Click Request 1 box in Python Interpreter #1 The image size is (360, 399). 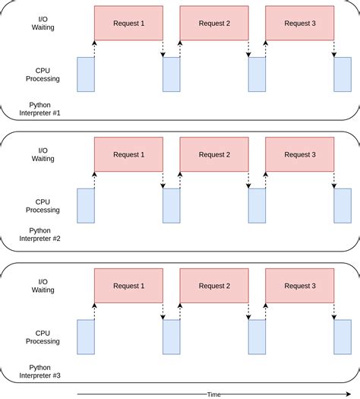tap(128, 23)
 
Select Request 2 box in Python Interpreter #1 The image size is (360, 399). tap(213, 23)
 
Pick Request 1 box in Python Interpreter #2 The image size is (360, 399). tap(128, 154)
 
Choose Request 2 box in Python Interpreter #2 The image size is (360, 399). tap(213, 154)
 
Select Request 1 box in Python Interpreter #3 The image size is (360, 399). tap(128, 286)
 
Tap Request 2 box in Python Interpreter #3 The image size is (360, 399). tap(213, 286)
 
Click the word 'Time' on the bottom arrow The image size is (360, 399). tap(214, 394)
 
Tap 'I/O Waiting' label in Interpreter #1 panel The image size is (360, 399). tap(43, 23)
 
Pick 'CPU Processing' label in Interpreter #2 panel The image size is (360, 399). tap(43, 205)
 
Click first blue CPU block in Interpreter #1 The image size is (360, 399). tap(86, 74)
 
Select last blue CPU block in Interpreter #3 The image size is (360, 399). tap(343, 337)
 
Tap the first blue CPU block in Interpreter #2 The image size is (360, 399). tap(86, 206)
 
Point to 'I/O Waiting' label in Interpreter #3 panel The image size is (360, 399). tap(43, 286)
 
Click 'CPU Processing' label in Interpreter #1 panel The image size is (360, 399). tap(43, 74)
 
